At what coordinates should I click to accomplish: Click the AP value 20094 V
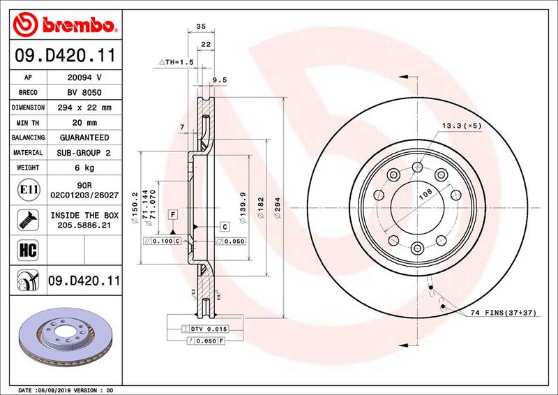point(84,77)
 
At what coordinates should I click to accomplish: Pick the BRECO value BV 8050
point(84,93)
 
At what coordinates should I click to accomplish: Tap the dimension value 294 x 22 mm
point(84,108)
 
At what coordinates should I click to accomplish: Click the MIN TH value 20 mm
point(84,123)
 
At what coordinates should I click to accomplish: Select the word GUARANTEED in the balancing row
point(84,137)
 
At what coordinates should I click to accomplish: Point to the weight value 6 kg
point(84,167)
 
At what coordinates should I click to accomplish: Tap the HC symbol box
point(24,248)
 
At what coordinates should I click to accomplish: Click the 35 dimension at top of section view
point(201,26)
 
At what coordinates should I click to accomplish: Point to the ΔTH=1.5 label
point(176,62)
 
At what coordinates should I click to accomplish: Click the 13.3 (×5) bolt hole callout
point(462,126)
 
